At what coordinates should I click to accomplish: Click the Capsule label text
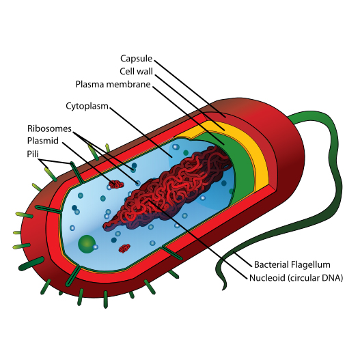136,59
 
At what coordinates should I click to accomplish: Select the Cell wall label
136,72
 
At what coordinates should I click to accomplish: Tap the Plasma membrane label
113,84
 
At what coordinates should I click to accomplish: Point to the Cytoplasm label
87,107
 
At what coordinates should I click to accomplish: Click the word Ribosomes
49,128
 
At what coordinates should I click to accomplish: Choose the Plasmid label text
43,141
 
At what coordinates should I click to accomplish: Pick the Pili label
33,154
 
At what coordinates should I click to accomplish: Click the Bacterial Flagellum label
292,265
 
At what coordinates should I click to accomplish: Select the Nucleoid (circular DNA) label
296,278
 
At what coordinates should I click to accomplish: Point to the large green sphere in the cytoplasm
87,245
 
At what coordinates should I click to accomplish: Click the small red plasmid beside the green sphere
124,248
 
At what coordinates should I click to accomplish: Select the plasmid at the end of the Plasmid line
116,184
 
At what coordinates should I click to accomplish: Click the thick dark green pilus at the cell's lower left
31,264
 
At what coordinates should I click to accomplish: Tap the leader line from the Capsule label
190,89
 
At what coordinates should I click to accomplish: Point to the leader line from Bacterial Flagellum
243,260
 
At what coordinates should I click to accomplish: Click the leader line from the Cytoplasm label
141,133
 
